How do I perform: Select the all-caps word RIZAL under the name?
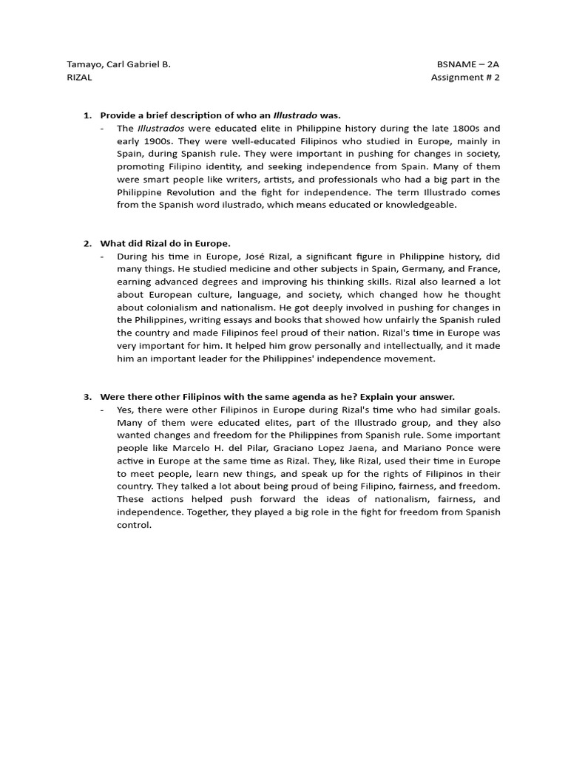coord(79,78)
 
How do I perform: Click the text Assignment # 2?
coord(465,78)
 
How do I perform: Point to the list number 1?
coord(87,115)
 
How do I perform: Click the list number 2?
coord(87,243)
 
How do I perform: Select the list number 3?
coord(87,396)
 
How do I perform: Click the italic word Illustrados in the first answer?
coord(160,128)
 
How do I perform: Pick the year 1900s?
coord(147,140)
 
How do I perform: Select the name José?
coord(256,256)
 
